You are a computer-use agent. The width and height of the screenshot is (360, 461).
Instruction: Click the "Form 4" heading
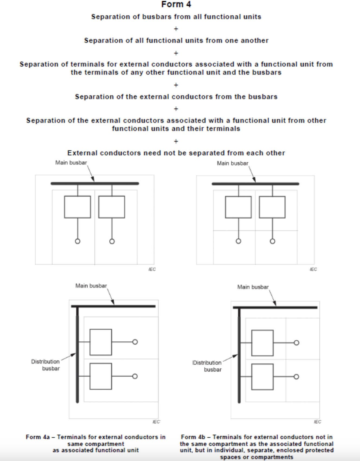pyautogui.click(x=176, y=4)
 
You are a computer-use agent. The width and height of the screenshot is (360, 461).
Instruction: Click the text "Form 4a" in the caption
pyautogui.click(x=38, y=437)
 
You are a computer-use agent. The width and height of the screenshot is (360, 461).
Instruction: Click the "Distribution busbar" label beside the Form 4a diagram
pyautogui.click(x=46, y=365)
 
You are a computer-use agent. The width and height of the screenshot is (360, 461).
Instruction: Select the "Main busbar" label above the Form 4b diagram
pyautogui.click(x=253, y=287)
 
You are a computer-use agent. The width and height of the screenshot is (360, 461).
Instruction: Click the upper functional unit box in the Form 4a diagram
pyautogui.click(x=101, y=342)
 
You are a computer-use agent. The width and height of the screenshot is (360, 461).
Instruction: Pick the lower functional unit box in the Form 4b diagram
pyautogui.click(x=262, y=377)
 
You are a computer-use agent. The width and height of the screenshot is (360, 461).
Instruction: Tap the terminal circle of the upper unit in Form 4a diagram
pyautogui.click(x=135, y=342)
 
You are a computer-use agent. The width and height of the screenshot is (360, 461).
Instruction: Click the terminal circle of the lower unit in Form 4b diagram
pyautogui.click(x=297, y=377)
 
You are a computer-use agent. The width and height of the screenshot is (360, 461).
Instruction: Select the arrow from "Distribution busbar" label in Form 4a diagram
pyautogui.click(x=68, y=357)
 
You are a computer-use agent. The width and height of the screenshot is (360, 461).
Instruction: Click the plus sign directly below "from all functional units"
pyautogui.click(x=176, y=29)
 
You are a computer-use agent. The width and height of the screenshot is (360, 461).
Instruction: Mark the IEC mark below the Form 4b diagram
pyautogui.click(x=317, y=422)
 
